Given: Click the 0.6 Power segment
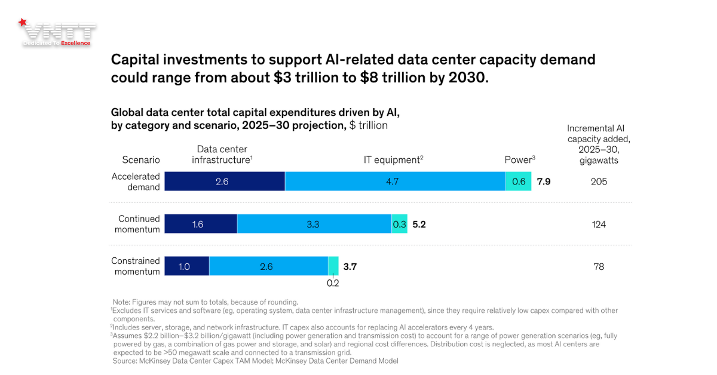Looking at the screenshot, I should [x=519, y=182].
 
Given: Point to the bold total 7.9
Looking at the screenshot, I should [x=543, y=182].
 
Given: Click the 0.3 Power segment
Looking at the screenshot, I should [x=399, y=225].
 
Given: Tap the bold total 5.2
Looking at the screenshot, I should [x=419, y=225].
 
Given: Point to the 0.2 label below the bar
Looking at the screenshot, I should [x=333, y=283].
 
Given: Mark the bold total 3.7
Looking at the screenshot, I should [x=350, y=267].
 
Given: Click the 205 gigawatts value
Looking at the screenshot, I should [x=599, y=182].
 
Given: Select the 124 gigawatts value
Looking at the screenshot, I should [x=599, y=225].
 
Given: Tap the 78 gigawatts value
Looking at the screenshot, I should [x=599, y=267].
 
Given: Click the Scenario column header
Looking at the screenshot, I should [x=141, y=160].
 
